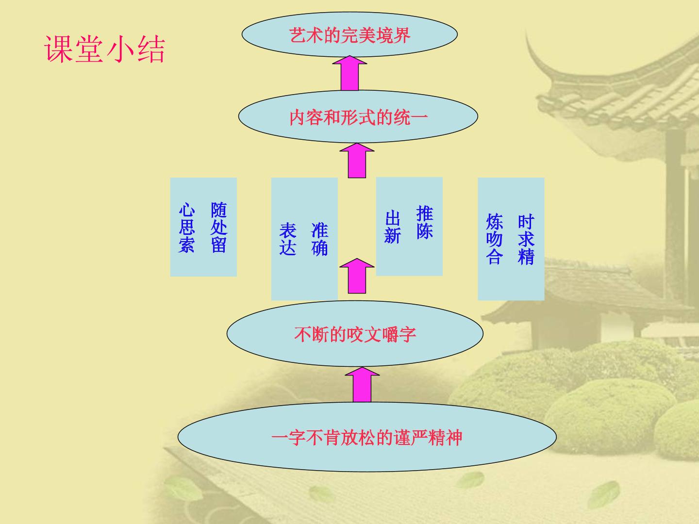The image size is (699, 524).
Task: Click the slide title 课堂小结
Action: pyautogui.click(x=104, y=49)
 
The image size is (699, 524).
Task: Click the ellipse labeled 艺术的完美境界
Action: pyautogui.click(x=349, y=34)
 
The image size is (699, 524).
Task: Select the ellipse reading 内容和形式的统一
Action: pyautogui.click(x=358, y=116)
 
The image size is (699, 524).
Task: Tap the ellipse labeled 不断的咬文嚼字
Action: pyautogui.click(x=355, y=333)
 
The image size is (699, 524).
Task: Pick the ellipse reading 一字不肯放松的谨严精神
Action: pyautogui.click(x=367, y=437)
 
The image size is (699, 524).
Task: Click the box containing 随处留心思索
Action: pyautogui.click(x=203, y=227)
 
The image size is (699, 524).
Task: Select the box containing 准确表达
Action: pyautogui.click(x=304, y=239)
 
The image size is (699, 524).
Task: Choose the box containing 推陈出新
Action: pyautogui.click(x=409, y=227)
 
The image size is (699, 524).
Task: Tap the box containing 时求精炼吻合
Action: pyautogui.click(x=511, y=239)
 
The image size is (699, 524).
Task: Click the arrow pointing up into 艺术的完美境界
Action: pyautogui.click(x=349, y=73)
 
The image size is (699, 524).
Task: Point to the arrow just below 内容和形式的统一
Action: pyautogui.click(x=357, y=160)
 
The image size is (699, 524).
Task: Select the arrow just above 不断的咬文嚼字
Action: pyautogui.click(x=357, y=276)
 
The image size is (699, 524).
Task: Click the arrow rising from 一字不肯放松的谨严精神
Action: pyautogui.click(x=362, y=385)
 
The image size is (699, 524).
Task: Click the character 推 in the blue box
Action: pyautogui.click(x=424, y=213)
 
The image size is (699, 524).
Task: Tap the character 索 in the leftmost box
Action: pyautogui.click(x=186, y=245)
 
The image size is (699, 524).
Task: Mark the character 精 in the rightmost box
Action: pyautogui.click(x=526, y=257)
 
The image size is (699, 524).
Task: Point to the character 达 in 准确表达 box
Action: pyautogui.click(x=287, y=248)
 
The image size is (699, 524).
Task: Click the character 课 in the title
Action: pyautogui.click(x=58, y=49)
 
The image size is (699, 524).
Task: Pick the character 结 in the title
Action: pyautogui.click(x=151, y=49)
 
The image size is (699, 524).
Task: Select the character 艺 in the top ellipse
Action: pyautogui.click(x=298, y=35)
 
